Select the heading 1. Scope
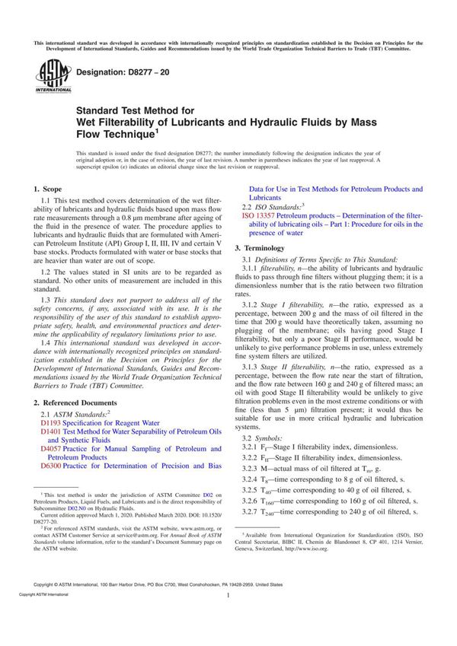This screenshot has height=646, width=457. pos(51,188)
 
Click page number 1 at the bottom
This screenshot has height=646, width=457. pos(228,619)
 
